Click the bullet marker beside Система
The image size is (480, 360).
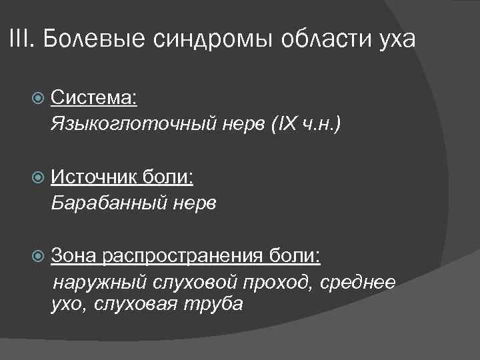pos(39,99)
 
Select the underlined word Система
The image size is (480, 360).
pos(93,99)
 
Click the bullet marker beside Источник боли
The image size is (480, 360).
pos(39,177)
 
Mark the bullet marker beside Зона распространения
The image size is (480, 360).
pos(39,256)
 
